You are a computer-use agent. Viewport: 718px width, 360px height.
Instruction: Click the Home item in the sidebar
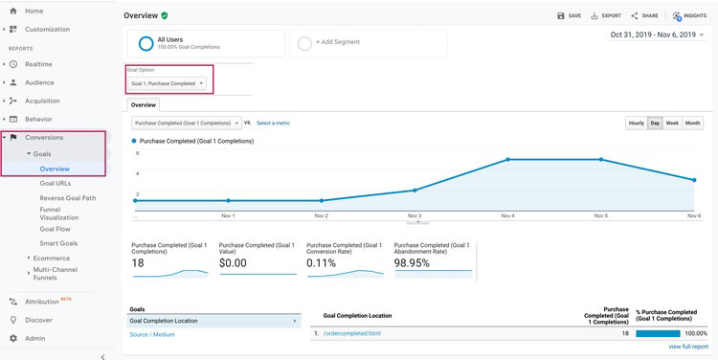tap(34, 11)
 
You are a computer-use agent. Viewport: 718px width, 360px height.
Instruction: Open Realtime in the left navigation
tap(38, 64)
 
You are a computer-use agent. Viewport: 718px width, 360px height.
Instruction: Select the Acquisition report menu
tap(44, 101)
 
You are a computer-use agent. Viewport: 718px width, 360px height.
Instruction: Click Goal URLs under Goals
tap(55, 183)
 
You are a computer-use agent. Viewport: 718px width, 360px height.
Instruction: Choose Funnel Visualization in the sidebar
tap(59, 213)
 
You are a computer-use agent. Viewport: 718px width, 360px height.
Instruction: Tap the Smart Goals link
tap(58, 244)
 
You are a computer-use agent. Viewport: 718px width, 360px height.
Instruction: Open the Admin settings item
tap(34, 338)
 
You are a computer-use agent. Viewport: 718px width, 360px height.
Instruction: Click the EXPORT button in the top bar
tap(606, 16)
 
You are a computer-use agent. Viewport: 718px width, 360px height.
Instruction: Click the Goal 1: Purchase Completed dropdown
tap(168, 83)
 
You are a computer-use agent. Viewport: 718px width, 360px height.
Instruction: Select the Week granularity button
tap(672, 124)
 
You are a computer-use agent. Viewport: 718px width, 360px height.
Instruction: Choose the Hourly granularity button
tap(636, 124)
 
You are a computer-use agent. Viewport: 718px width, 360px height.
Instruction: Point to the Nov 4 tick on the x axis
tap(507, 216)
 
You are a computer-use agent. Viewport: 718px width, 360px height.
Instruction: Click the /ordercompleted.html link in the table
tap(353, 333)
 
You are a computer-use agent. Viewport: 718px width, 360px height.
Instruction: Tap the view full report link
tap(688, 346)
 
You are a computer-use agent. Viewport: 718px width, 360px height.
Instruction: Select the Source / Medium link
tap(151, 334)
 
